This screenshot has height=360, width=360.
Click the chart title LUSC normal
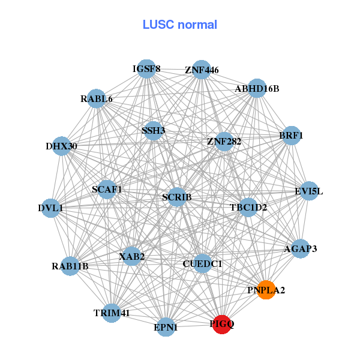[x=179, y=25]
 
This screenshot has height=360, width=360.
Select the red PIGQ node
[x=221, y=324]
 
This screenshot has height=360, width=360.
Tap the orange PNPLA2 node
[x=266, y=290]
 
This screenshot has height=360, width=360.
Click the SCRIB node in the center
[x=176, y=197]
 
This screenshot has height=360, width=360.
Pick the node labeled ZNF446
[x=202, y=70]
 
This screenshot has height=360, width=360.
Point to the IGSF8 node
[x=146, y=69]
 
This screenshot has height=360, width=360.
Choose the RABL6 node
[x=97, y=98]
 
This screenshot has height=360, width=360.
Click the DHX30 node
[x=62, y=146]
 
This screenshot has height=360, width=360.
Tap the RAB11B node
[x=70, y=266]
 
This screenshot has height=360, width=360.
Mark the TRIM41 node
[x=112, y=313]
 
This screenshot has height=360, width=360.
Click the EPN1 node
[x=166, y=328]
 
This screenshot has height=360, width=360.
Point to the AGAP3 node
[x=300, y=248]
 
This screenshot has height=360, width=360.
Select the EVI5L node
[x=308, y=191]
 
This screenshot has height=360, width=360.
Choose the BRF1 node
[x=291, y=136]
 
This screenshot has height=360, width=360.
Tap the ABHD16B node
[x=257, y=88]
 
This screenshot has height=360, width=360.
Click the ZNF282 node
[x=224, y=142]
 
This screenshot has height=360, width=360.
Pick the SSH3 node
[x=153, y=130]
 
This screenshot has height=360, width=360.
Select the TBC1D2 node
[x=248, y=208]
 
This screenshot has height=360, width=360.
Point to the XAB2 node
[x=131, y=257]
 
